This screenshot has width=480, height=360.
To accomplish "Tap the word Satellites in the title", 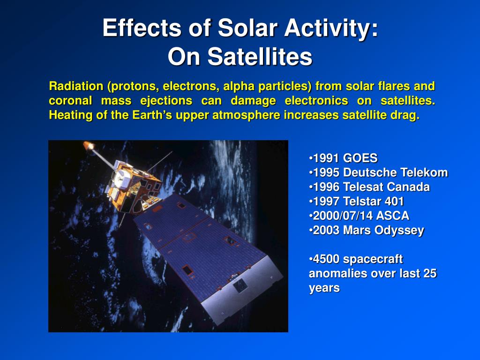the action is pyautogui.click(x=260, y=57).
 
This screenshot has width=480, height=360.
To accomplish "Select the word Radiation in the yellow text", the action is pyautogui.click(x=76, y=86).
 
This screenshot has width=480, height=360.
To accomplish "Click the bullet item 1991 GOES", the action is pyautogui.click(x=343, y=158).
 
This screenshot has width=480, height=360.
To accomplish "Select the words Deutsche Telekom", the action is pyautogui.click(x=396, y=172).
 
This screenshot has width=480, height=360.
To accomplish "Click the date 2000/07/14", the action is pyautogui.click(x=343, y=216).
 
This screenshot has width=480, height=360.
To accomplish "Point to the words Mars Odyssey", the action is pyautogui.click(x=383, y=231).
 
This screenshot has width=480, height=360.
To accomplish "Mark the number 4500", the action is pyautogui.click(x=326, y=259).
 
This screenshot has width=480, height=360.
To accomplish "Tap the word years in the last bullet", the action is pyautogui.click(x=324, y=288).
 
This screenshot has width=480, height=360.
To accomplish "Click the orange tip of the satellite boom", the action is pyautogui.click(x=88, y=145).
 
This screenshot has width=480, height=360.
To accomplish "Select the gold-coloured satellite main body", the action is pyautogui.click(x=133, y=187).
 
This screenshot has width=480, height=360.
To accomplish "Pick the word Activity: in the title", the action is pyautogui.click(x=331, y=28).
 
